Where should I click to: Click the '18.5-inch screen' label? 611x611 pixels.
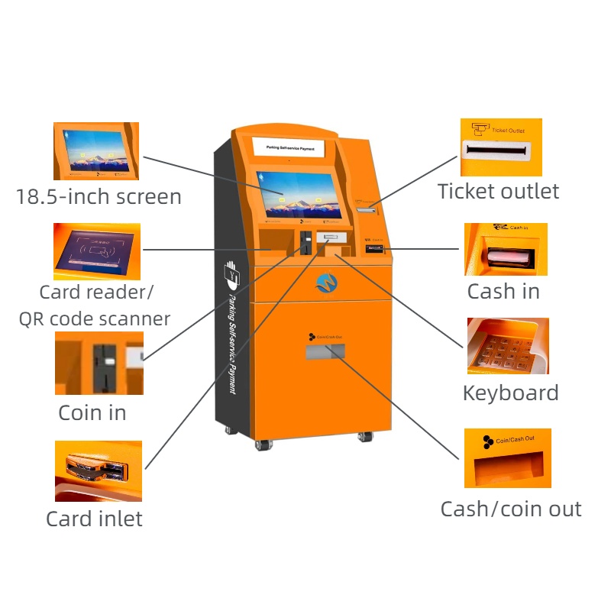[x=99, y=197]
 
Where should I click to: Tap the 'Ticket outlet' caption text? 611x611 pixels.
[x=498, y=191]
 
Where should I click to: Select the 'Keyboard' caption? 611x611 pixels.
[x=510, y=393]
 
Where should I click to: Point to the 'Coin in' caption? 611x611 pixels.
[x=92, y=413]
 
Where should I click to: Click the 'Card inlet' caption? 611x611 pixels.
[x=94, y=519]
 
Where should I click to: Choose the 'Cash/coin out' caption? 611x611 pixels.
[x=510, y=509]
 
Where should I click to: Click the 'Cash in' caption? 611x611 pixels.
[x=503, y=291]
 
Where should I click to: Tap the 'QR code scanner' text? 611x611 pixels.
[x=95, y=318]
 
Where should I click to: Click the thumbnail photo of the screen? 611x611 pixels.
[x=97, y=150]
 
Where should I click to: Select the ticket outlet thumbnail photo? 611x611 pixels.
[x=501, y=147]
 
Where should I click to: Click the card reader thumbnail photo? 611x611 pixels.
[x=97, y=251]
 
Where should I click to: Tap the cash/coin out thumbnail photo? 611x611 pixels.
[x=507, y=458]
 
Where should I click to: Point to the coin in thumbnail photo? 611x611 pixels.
[x=99, y=363]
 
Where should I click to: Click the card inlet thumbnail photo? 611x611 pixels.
[x=98, y=470]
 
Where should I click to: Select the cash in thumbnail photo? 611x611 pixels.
[x=506, y=249]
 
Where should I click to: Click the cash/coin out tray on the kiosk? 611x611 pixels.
[x=325, y=351]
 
